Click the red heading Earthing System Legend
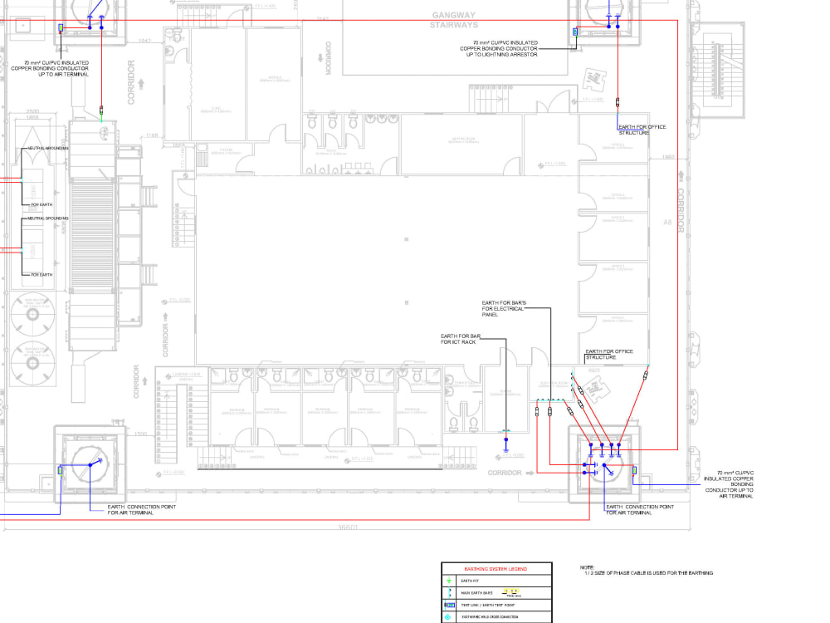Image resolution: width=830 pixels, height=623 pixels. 496,569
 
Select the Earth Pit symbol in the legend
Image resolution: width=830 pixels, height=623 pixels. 449,581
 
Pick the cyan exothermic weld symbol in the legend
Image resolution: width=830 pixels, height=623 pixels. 449,616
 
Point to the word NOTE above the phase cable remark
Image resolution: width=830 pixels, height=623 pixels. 588,567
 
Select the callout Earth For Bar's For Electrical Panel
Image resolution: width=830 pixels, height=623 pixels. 503,309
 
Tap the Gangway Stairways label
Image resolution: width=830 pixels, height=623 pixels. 453,20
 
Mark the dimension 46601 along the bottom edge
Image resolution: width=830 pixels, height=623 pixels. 348,527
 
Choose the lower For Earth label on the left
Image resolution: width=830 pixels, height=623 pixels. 42,274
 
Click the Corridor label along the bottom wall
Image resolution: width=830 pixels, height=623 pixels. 505,473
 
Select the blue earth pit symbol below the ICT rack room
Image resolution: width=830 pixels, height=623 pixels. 505,438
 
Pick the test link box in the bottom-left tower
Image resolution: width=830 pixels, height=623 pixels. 60,470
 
